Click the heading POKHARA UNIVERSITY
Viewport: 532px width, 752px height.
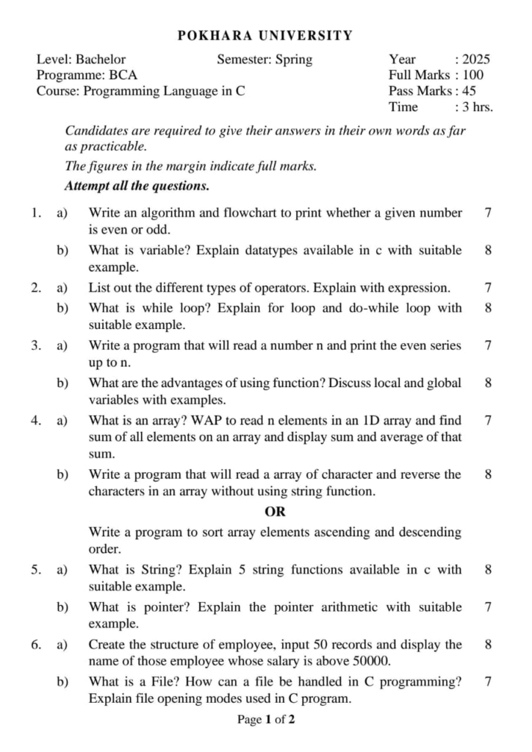tap(265, 35)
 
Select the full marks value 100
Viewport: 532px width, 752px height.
tap(473, 75)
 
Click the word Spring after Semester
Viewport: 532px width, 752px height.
tap(293, 59)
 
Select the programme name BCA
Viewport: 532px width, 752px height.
tap(123, 75)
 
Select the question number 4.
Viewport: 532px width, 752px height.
tap(35, 421)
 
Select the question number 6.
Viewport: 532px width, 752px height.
tap(35, 645)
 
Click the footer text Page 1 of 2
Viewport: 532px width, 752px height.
tap(266, 720)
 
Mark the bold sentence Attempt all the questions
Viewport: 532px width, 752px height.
tap(137, 186)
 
